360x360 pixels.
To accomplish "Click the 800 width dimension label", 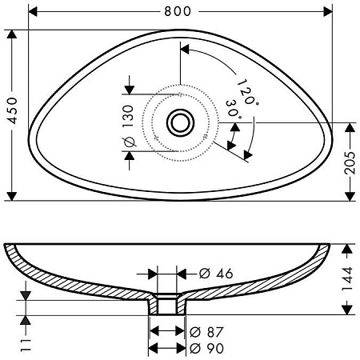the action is (178, 11).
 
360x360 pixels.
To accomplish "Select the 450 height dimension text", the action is (12, 111).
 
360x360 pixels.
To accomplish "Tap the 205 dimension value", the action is (350, 162).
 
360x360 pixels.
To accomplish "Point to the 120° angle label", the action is (247, 92).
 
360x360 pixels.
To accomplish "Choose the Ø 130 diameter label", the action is (129, 126).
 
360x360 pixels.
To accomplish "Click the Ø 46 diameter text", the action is (216, 274).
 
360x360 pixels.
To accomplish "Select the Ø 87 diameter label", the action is (206, 332).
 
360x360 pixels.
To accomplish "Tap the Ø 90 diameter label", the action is (206, 349).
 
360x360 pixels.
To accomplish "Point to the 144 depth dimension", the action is (347, 278).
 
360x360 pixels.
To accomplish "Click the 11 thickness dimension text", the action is (26, 346).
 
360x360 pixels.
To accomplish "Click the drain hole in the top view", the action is (180, 122).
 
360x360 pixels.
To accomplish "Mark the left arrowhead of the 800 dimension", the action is (33, 12).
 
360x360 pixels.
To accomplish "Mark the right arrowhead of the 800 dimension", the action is (328, 12).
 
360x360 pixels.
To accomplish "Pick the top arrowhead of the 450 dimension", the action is (11, 34).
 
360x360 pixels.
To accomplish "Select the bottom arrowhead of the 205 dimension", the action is (350, 196).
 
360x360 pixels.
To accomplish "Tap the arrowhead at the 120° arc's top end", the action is (185, 49).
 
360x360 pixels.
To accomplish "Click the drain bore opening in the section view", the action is (167, 304).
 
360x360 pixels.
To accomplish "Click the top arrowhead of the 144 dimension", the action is (347, 249).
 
